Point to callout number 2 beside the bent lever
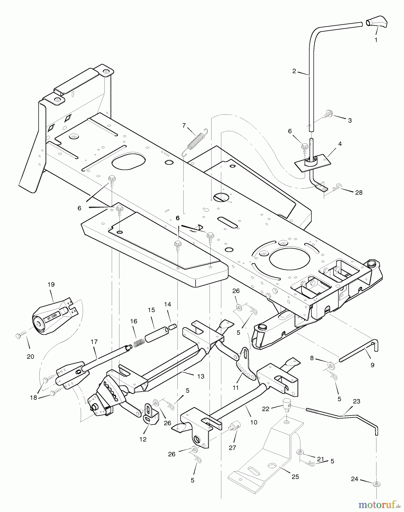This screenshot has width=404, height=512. [294, 71]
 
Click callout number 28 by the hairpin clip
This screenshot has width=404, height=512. [359, 193]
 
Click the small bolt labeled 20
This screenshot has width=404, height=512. [18, 336]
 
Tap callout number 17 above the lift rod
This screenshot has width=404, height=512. [94, 342]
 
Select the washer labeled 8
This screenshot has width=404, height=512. [331, 365]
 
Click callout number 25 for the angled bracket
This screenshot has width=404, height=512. [295, 477]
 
